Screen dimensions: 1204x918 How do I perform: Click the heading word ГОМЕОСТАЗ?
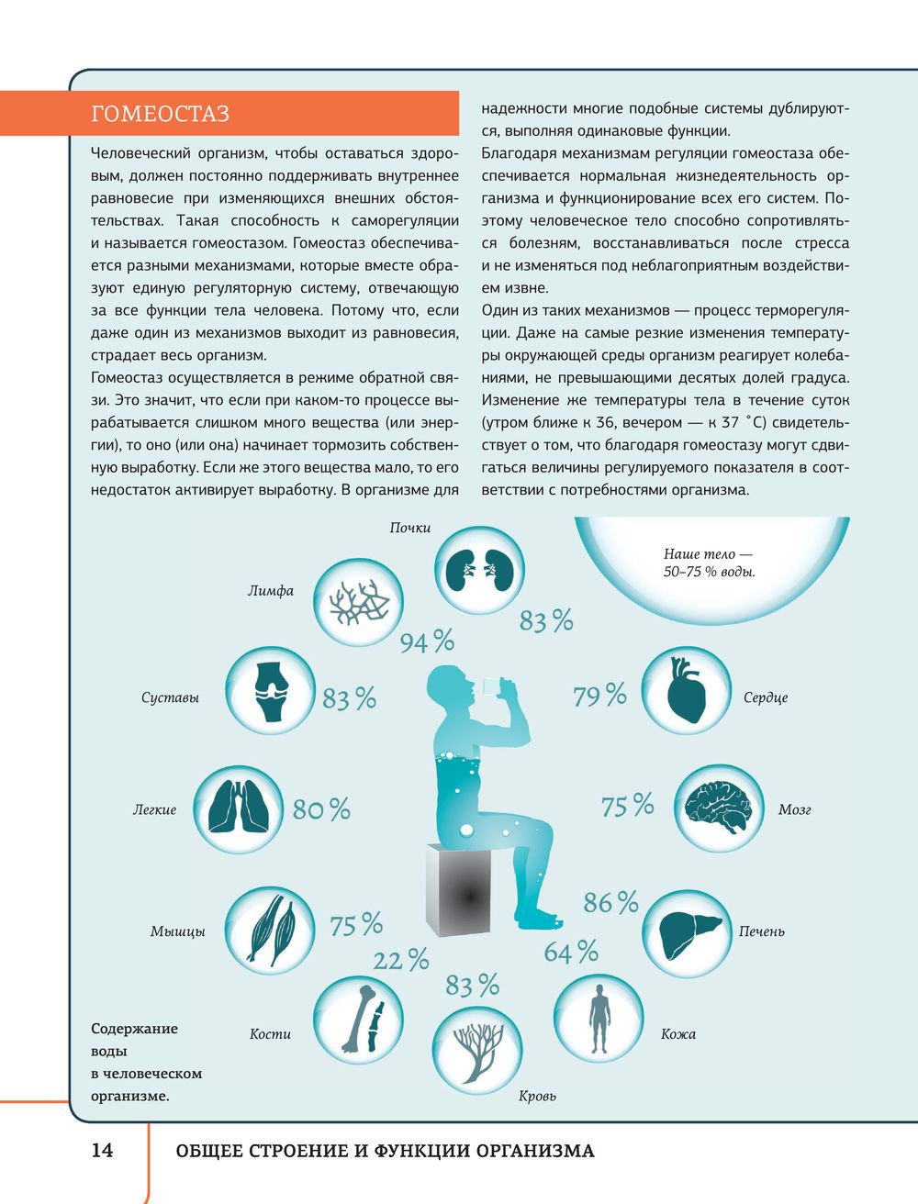pos(161,114)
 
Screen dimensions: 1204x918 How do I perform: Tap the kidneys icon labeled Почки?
pos(477,570)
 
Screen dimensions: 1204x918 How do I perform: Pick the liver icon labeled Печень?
pos(685,930)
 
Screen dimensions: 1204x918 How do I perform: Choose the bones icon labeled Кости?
pos(359,1020)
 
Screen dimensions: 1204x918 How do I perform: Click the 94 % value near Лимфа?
pos(427,641)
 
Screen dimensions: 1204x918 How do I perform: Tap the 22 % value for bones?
pos(400,961)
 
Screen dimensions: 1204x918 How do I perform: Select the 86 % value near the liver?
pos(610,903)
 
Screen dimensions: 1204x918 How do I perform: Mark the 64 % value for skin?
pos(570,953)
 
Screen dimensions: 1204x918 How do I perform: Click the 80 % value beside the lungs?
pos(321,809)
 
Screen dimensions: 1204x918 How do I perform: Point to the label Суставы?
pos(170,697)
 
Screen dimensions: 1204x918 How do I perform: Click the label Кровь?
pos(537,1096)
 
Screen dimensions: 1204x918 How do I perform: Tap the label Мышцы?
pos(177,931)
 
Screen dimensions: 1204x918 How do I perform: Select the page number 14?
pos(102,1150)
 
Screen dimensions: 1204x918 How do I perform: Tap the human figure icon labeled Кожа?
pos(599,1020)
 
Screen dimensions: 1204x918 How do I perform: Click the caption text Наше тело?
pos(707,554)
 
